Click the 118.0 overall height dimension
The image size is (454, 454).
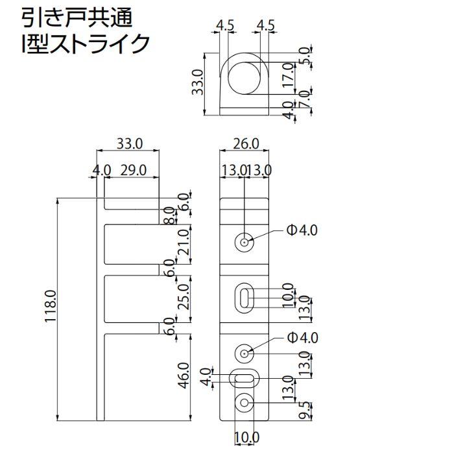pyautogui.click(x=52, y=310)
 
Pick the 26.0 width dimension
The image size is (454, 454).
pyautogui.click(x=245, y=143)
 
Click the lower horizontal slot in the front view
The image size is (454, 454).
pyautogui.click(x=245, y=377)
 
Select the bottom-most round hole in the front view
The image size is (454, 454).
pyautogui.click(x=245, y=403)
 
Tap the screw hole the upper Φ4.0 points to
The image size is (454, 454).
pyautogui.click(x=245, y=243)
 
